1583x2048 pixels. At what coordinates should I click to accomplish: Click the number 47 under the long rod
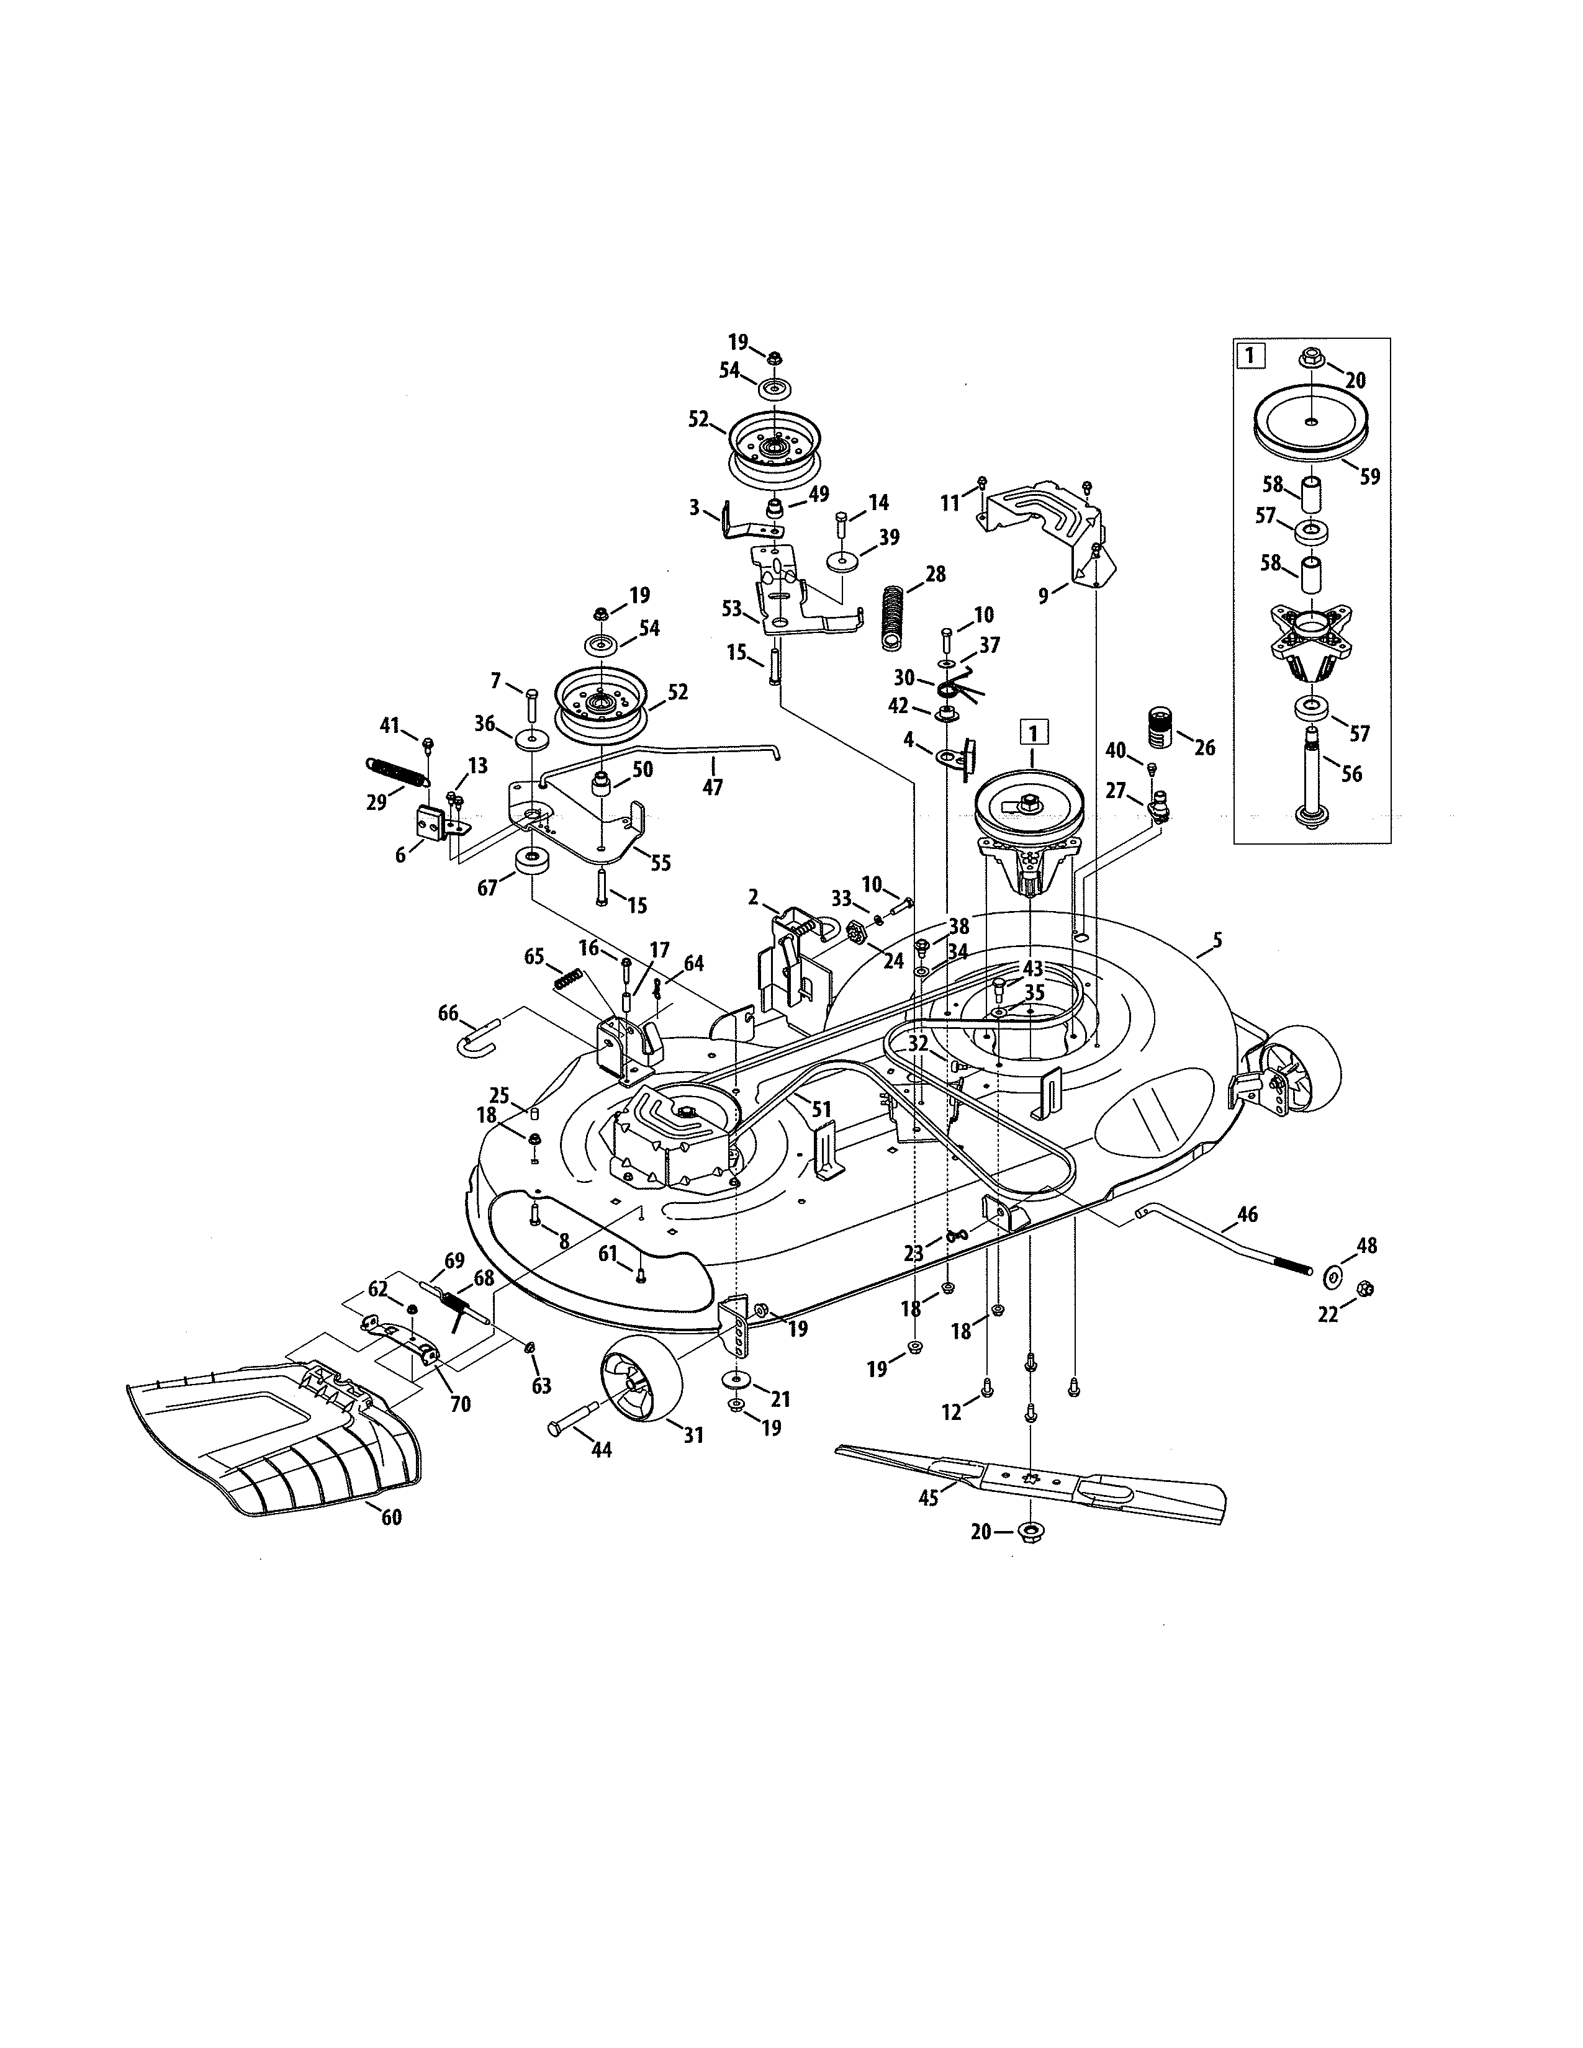(713, 788)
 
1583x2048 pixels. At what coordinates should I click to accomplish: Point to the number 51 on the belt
(821, 1110)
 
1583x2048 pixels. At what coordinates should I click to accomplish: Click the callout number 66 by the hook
(448, 1013)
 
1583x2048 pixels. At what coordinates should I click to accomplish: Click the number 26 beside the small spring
(1204, 747)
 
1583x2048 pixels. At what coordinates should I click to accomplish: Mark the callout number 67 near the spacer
(488, 887)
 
